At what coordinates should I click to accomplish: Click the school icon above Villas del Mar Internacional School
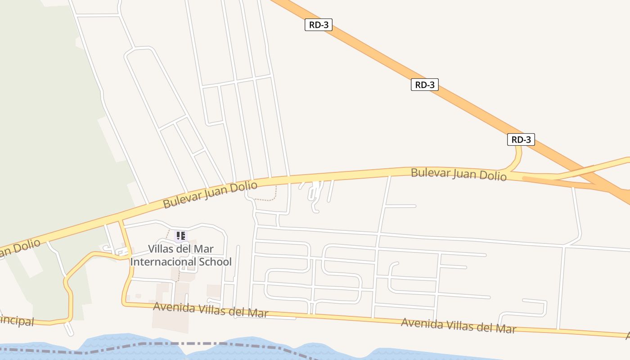[x=180, y=235]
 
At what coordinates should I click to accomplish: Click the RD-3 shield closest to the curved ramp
[x=521, y=139]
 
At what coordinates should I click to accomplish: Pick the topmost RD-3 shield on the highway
[x=319, y=25]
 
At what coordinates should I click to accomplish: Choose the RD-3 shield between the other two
[x=424, y=85]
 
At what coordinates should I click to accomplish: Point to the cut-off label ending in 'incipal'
[x=17, y=321]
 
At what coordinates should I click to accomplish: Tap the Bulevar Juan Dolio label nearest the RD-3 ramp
[x=459, y=174]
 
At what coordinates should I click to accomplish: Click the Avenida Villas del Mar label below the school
[x=211, y=310]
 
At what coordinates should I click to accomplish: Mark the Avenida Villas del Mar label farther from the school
[x=458, y=325]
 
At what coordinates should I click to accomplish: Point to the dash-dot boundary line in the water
[x=180, y=344]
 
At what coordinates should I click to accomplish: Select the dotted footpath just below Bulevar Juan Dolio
[x=265, y=199]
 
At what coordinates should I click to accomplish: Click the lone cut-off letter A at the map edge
[x=627, y=335]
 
